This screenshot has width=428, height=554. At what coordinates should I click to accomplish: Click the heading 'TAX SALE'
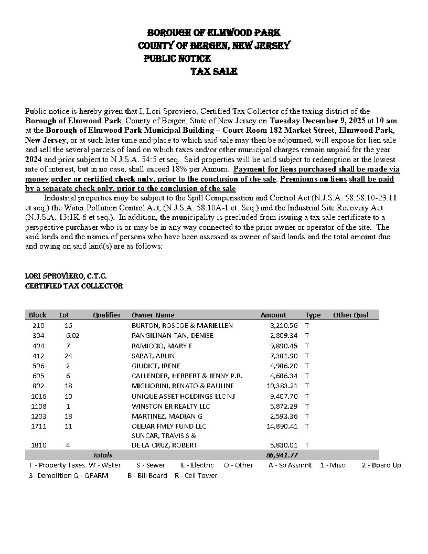213,71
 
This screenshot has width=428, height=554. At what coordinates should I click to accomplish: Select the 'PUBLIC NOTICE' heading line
177,59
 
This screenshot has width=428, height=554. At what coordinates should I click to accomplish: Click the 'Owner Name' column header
153,315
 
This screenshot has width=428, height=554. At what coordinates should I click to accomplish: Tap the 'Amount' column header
273,315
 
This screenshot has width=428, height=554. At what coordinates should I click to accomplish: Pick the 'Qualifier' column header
106,315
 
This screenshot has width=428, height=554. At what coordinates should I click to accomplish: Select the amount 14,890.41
282,426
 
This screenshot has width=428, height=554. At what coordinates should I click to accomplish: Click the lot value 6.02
72,336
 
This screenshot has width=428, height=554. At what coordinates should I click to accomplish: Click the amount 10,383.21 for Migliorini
282,386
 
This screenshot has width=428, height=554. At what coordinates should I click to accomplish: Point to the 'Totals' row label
102,455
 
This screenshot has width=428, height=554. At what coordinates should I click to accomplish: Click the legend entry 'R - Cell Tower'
196,475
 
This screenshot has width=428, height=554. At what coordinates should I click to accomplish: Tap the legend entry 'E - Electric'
197,465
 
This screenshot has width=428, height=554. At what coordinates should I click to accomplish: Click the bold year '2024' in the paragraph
34,159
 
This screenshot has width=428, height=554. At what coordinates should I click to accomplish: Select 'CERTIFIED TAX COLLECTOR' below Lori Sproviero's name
74,286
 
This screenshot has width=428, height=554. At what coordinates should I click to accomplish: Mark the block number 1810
39,445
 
